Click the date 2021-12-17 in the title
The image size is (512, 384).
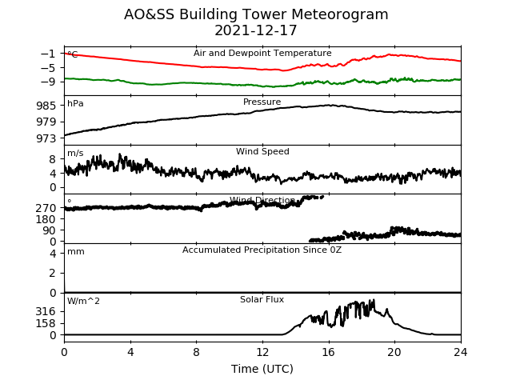coord(256,30)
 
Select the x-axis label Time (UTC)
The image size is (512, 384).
coord(262,369)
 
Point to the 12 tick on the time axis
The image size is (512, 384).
coord(262,352)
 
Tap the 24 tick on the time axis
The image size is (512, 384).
coord(461,352)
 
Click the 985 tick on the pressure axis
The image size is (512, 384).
coord(46,106)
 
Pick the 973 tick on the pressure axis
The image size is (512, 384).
coord(46,138)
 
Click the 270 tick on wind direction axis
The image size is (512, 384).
coord(46,208)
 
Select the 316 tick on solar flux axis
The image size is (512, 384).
coord(46,312)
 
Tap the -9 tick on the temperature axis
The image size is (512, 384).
coord(48,82)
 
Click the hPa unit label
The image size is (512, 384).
coord(75,103)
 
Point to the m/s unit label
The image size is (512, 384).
coord(75,153)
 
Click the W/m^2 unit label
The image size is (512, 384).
coord(83,301)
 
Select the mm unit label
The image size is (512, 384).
coord(76,252)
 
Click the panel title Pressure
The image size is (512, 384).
coord(262,102)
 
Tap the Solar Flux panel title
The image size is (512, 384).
coord(262,299)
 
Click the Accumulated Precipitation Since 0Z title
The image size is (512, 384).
coord(262,250)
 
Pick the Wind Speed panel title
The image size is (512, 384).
coord(262,151)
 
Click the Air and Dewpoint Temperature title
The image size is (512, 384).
coord(262,53)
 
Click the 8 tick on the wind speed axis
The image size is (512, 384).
coord(53,159)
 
